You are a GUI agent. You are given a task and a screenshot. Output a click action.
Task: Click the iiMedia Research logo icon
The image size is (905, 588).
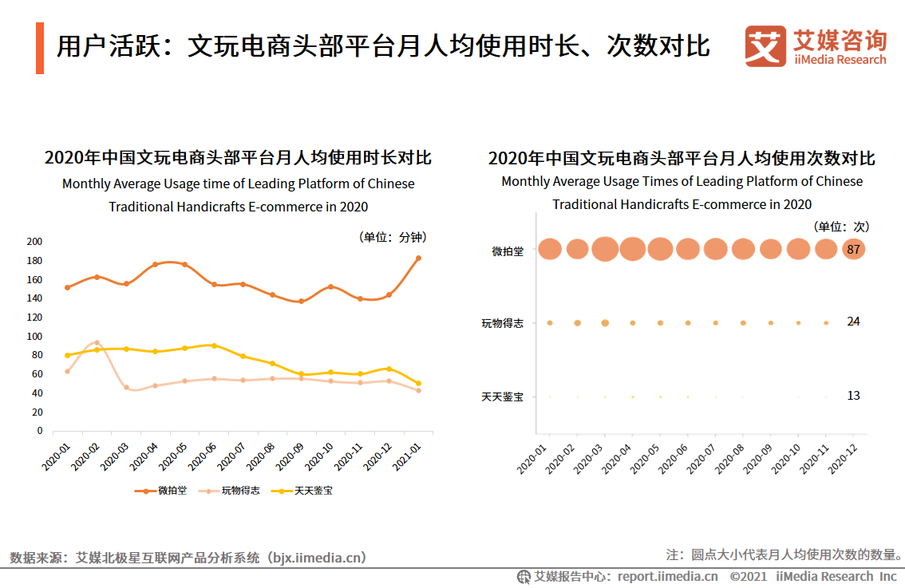765,47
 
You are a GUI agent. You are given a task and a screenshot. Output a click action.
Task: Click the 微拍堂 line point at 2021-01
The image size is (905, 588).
418,258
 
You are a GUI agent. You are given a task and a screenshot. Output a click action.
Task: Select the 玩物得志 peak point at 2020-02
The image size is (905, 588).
97,342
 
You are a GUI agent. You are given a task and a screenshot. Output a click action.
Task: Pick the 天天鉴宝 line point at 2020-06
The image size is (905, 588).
214,345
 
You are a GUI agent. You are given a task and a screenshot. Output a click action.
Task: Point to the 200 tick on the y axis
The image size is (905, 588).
34,242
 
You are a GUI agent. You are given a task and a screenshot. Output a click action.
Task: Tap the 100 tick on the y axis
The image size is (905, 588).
34,336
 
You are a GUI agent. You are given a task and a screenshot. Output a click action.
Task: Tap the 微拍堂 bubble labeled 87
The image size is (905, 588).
853,249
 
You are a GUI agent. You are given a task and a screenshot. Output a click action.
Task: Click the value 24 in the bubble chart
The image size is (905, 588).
853,322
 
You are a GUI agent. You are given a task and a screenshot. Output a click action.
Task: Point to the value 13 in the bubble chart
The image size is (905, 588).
853,396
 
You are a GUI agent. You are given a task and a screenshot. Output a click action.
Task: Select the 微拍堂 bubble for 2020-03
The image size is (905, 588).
605,249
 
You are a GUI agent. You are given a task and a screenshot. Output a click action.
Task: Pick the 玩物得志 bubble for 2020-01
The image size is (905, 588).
550,323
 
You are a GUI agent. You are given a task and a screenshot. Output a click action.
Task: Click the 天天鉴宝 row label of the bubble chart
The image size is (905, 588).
503,397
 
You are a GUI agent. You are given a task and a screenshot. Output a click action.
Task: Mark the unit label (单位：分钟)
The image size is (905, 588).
391,237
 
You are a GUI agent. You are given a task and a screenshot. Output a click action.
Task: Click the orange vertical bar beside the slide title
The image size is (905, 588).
40,48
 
